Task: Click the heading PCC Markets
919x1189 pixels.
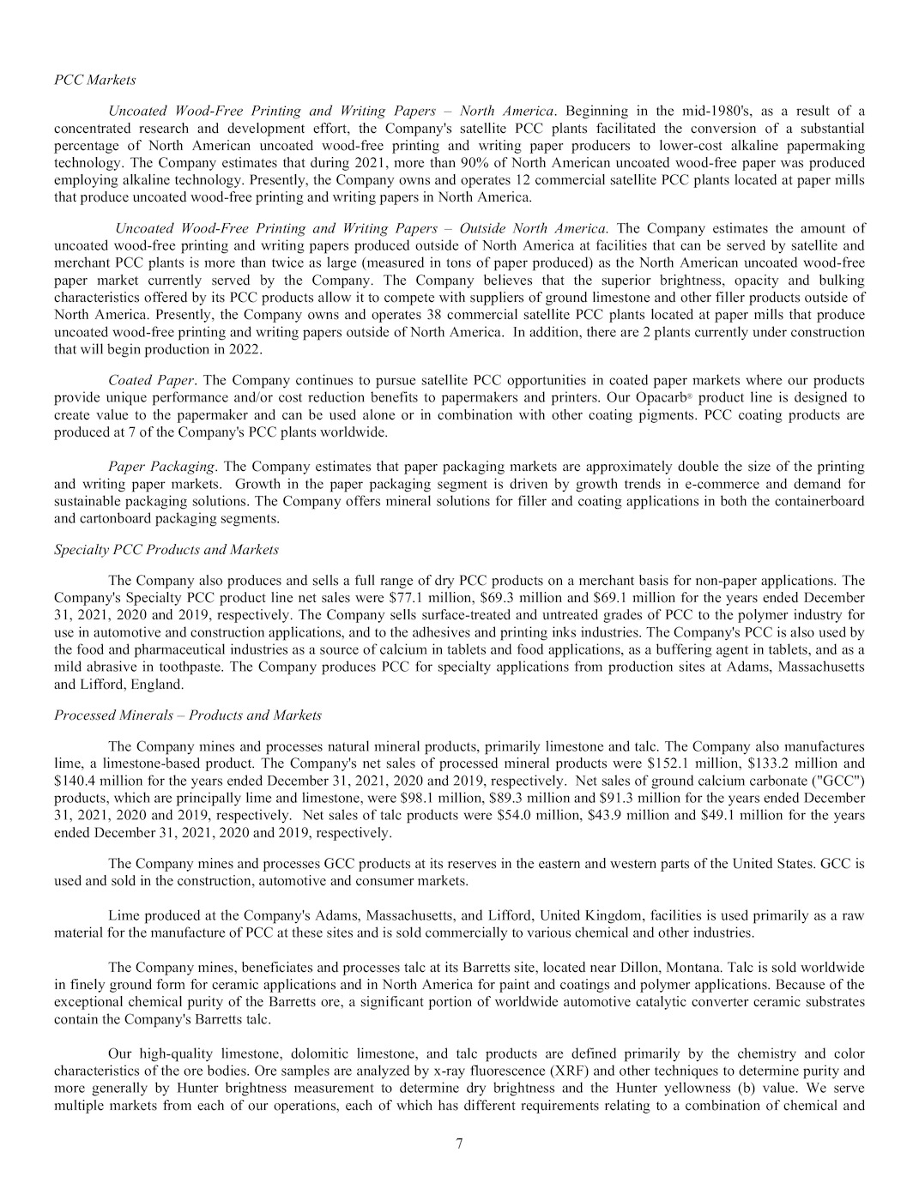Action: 94,80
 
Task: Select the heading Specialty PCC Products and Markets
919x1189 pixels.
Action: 166,549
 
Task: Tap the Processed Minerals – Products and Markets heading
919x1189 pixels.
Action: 187,715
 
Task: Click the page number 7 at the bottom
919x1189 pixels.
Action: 459,1142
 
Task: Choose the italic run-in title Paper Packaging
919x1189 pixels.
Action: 161,467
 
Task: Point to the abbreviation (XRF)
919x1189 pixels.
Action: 515,1071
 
